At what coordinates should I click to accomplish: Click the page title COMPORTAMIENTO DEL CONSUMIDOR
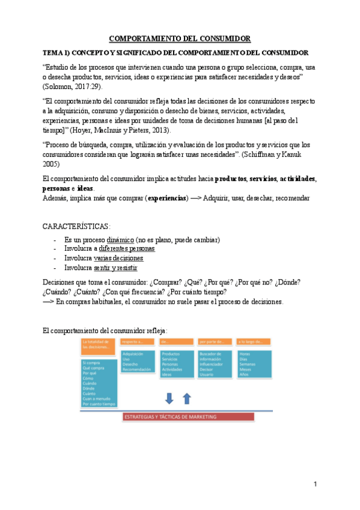pos(180,39)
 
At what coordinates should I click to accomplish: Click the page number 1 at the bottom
pos(314,484)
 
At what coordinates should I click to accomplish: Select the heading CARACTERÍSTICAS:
pos(77,226)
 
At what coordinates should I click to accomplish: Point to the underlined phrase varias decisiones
pos(119,258)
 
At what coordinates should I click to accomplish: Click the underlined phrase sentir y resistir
pos(115,268)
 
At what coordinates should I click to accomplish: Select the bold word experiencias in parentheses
pos(166,198)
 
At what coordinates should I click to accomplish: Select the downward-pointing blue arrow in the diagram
pos(169,398)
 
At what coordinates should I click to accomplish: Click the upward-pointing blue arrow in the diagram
pos(186,398)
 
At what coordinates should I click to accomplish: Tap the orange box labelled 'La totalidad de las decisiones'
pos(99,345)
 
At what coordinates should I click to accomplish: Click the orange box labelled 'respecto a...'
pos(138,342)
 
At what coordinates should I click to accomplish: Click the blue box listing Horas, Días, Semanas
pos(253,364)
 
